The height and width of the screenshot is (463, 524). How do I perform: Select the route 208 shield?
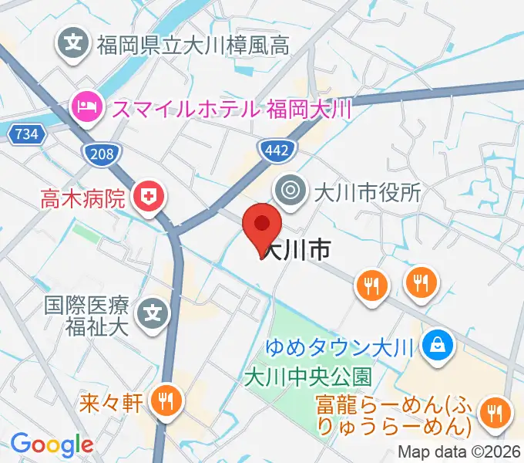[102, 154]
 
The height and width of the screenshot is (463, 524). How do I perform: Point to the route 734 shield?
[25, 134]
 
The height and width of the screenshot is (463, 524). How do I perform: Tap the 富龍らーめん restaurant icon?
[493, 413]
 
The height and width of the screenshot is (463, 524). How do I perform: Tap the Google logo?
[52, 444]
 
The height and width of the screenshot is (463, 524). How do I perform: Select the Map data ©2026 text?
[460, 453]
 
